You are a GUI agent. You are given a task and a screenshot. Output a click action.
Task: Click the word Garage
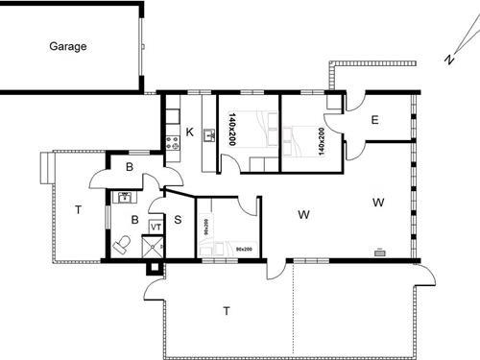(69, 45)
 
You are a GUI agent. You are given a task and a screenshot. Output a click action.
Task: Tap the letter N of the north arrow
(448, 60)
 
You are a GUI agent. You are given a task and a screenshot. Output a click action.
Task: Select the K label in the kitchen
(189, 132)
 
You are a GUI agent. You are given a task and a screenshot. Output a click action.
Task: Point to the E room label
(374, 120)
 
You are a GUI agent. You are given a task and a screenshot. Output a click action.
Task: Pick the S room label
(178, 219)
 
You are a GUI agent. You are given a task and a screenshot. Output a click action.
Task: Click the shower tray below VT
(153, 247)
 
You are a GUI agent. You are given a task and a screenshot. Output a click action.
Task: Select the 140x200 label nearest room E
(320, 141)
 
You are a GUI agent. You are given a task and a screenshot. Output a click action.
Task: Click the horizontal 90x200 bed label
(243, 250)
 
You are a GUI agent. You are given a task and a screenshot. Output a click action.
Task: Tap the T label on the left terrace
(78, 212)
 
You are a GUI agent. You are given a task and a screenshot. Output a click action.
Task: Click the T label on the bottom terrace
(227, 310)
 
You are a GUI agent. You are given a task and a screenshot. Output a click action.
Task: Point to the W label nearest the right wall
(378, 203)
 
